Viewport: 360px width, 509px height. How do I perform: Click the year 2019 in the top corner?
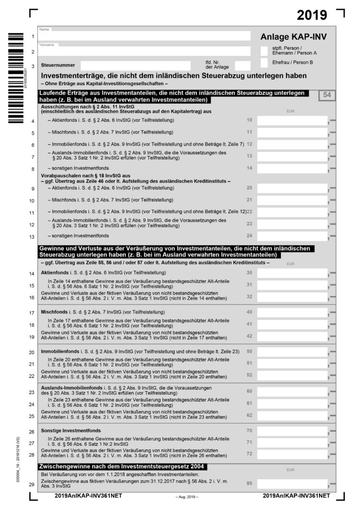(312, 15)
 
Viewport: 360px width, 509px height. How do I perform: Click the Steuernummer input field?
(135, 66)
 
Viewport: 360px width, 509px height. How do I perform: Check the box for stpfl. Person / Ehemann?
(264, 51)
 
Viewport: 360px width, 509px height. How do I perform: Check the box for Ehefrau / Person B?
(264, 62)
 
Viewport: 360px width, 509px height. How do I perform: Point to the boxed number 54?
(327, 95)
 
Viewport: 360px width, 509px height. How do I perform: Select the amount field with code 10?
(292, 120)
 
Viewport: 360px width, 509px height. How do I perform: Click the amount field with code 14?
(292, 168)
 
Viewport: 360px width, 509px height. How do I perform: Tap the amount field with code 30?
(292, 273)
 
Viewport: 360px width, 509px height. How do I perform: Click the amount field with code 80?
(292, 484)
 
